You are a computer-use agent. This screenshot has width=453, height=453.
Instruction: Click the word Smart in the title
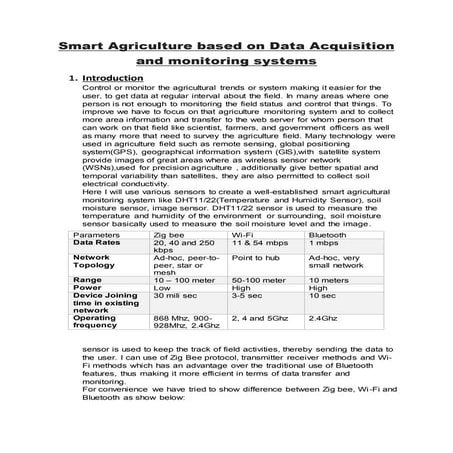pyautogui.click(x=82, y=47)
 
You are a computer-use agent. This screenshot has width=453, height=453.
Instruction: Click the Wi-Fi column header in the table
pyautogui.click(x=242, y=236)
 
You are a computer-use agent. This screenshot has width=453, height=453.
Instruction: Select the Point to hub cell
pyautogui.click(x=255, y=258)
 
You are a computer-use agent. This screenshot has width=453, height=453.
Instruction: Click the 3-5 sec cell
pyautogui.click(x=246, y=297)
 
